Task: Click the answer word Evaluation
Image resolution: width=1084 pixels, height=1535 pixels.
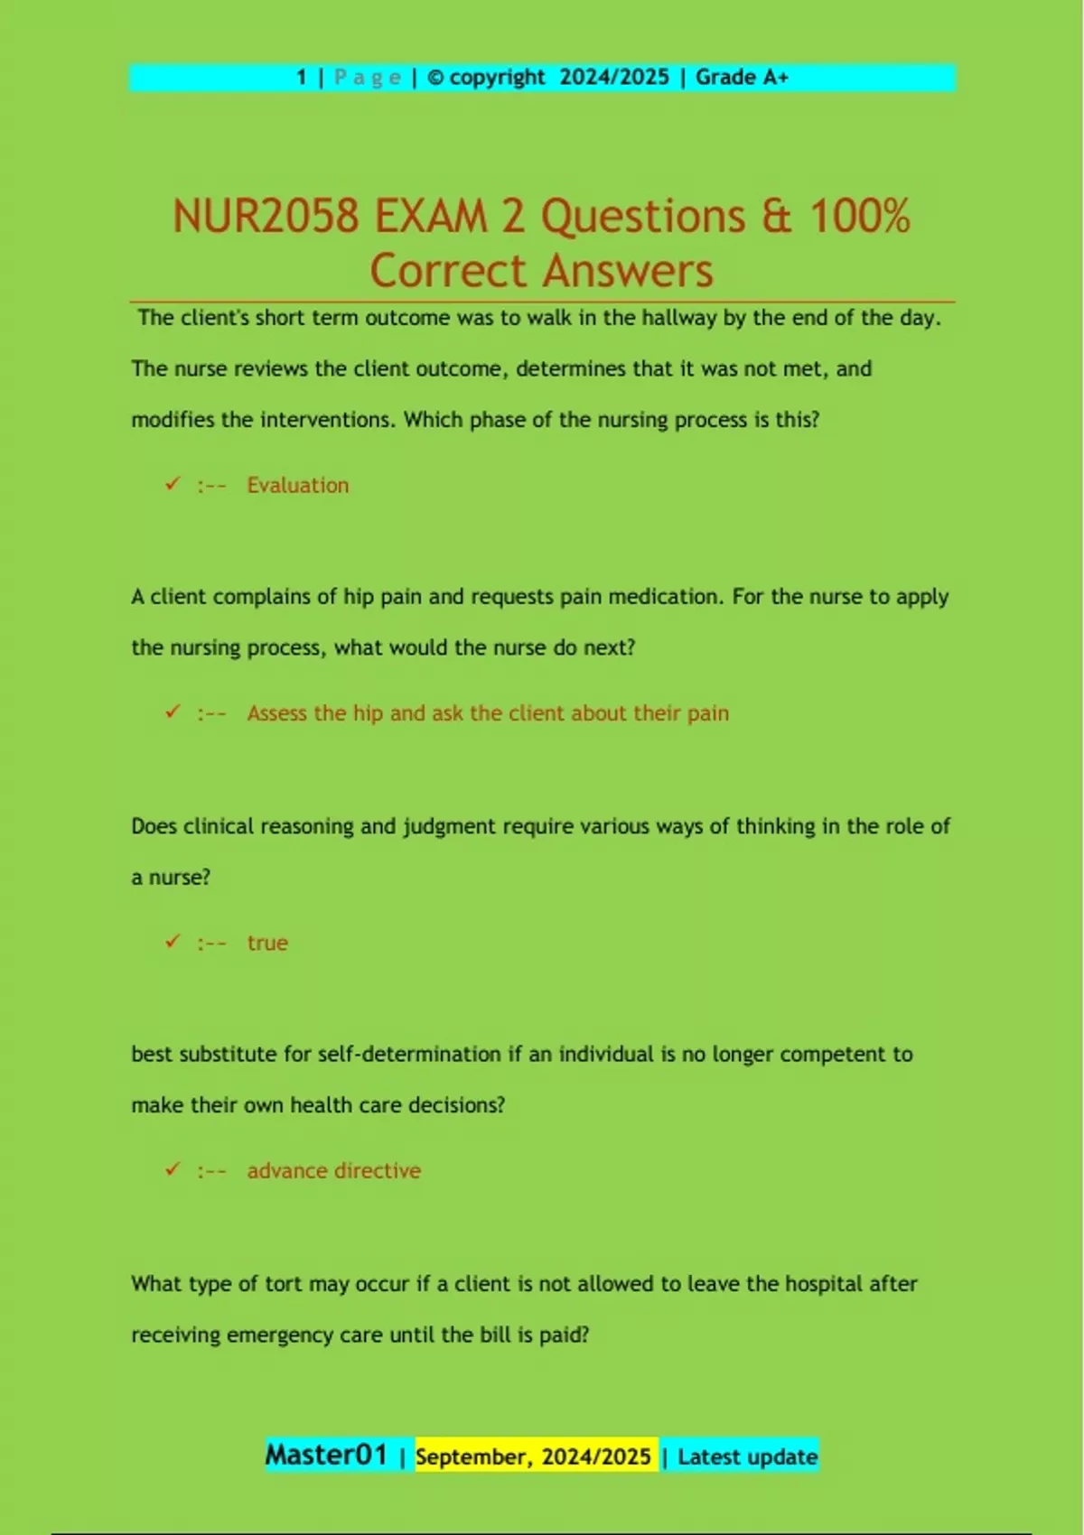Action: pos(297,486)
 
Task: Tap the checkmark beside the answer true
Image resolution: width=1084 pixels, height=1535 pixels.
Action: pos(173,942)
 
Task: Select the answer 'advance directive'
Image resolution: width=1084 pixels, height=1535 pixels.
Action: pos(333,1171)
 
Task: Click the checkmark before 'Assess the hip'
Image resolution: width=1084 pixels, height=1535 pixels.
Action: pos(173,712)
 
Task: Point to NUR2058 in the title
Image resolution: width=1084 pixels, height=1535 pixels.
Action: pos(266,218)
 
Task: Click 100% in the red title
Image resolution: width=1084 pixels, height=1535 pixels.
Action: pos(859,218)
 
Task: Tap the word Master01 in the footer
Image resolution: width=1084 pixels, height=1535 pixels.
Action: pos(325,1455)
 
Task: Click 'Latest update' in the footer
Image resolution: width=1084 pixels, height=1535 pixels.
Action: pos(747,1456)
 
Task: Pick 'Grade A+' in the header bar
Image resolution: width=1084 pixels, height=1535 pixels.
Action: pos(742,78)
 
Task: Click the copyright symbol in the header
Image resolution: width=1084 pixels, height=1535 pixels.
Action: pos(435,79)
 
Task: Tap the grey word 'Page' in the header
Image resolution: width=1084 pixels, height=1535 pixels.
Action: pos(367,78)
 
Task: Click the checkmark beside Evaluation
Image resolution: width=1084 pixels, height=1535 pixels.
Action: pos(173,484)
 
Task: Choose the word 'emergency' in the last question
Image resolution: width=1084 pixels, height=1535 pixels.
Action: pos(280,1335)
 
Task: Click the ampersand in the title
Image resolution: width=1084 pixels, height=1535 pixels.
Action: pos(776,218)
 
